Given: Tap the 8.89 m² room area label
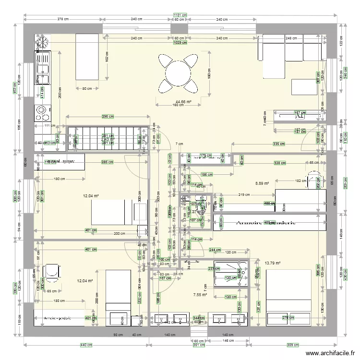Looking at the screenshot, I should (262, 183).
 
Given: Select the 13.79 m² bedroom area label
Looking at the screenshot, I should (272, 263).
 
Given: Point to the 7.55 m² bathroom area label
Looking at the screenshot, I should (200, 295).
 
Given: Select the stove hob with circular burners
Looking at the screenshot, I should (42, 112).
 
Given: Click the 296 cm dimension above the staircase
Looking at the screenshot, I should (108, 116).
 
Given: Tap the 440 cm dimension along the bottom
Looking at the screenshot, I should (86, 345).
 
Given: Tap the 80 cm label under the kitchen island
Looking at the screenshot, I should (87, 88).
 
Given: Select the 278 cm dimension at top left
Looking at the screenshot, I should (62, 20).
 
